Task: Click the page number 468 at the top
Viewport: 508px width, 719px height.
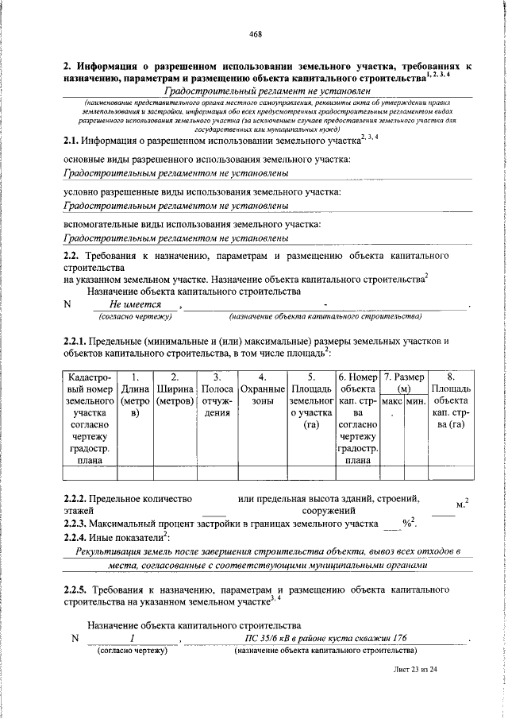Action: [256, 33]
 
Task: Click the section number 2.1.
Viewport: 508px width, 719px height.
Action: [73, 142]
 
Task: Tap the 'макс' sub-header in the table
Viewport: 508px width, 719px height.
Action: [392, 403]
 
